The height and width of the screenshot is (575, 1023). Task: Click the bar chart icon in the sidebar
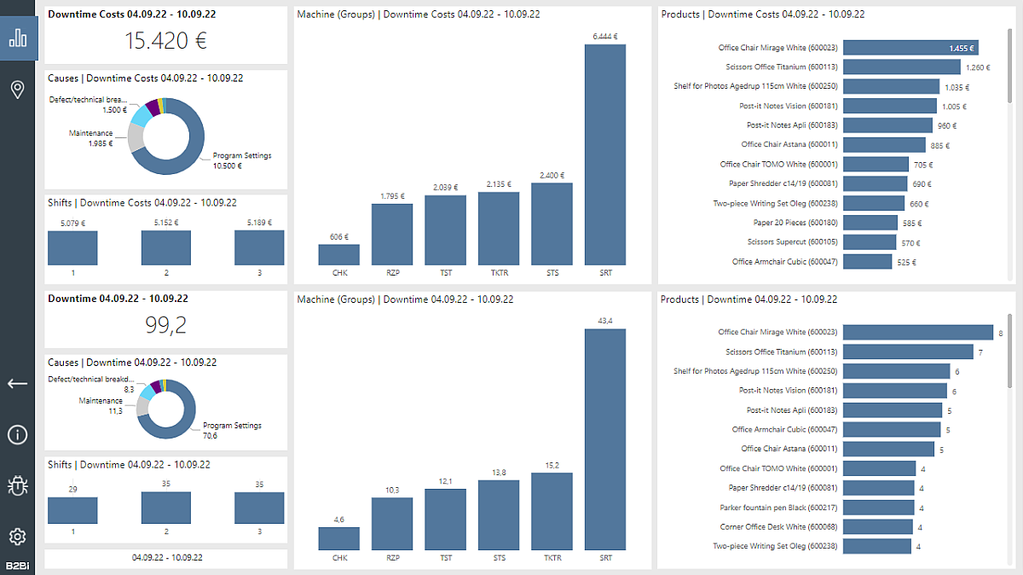click(x=18, y=39)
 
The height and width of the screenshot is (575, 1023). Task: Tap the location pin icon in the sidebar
click(x=18, y=90)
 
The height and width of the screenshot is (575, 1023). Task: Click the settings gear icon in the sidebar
click(x=18, y=536)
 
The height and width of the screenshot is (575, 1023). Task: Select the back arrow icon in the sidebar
click(x=18, y=384)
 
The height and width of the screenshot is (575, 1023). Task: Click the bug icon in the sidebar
click(x=18, y=485)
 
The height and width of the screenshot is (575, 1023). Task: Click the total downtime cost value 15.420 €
click(x=165, y=40)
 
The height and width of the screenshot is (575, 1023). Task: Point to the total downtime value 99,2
click(x=165, y=325)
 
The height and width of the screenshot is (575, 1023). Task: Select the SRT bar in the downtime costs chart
click(x=604, y=154)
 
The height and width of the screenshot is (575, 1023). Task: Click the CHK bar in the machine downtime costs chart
click(x=338, y=254)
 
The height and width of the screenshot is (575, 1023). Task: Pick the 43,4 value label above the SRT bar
click(x=605, y=320)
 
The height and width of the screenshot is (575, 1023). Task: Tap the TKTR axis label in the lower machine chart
click(x=552, y=558)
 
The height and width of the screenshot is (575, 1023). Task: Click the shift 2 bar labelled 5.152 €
click(x=165, y=247)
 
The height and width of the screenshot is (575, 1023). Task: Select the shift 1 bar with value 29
click(x=72, y=510)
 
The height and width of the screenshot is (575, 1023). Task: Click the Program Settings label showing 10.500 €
click(x=242, y=160)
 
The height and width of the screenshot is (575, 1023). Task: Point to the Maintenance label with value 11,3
click(x=101, y=405)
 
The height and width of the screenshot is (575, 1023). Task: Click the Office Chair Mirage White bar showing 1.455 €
click(x=910, y=49)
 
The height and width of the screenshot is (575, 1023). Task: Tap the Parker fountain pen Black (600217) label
click(x=777, y=508)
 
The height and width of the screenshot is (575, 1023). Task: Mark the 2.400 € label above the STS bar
click(x=552, y=176)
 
